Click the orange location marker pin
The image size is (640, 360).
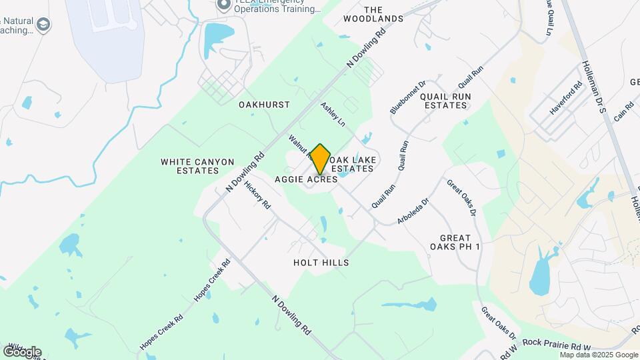pyautogui.click(x=320, y=159)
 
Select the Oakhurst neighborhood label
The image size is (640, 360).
pyautogui.click(x=264, y=105)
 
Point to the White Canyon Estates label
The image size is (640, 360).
pyautogui.click(x=197, y=166)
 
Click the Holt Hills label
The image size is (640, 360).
pyautogui.click(x=321, y=263)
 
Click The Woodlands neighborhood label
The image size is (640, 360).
pyautogui.click(x=373, y=14)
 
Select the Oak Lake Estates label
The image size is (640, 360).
pyautogui.click(x=353, y=164)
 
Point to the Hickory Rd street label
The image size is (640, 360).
pyautogui.click(x=257, y=195)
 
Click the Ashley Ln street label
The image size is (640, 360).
pyautogui.click(x=333, y=115)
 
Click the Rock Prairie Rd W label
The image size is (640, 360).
pyautogui.click(x=557, y=346)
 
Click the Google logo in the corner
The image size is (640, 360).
pyautogui.click(x=21, y=352)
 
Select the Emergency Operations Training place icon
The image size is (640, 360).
pyautogui.click(x=224, y=5)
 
